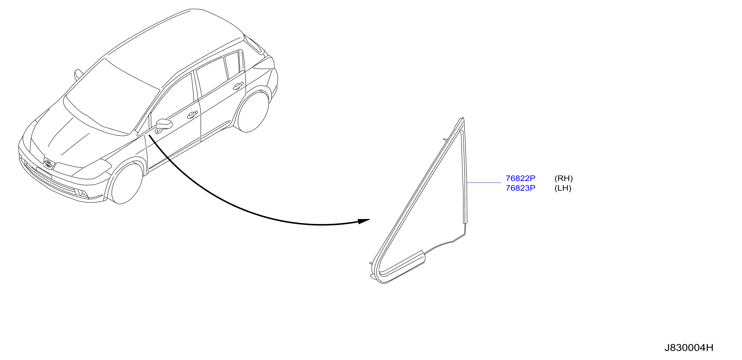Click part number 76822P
(x=520, y=178)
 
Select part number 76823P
(x=520, y=188)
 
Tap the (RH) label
(x=563, y=178)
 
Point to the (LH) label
(x=563, y=188)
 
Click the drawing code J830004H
(x=689, y=348)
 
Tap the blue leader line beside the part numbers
(x=484, y=183)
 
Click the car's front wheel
(x=127, y=183)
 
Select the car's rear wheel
(x=253, y=112)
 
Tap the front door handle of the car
(x=192, y=115)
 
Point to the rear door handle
(x=238, y=86)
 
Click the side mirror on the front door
(x=163, y=125)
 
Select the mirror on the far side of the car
(x=78, y=74)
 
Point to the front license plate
(x=44, y=172)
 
